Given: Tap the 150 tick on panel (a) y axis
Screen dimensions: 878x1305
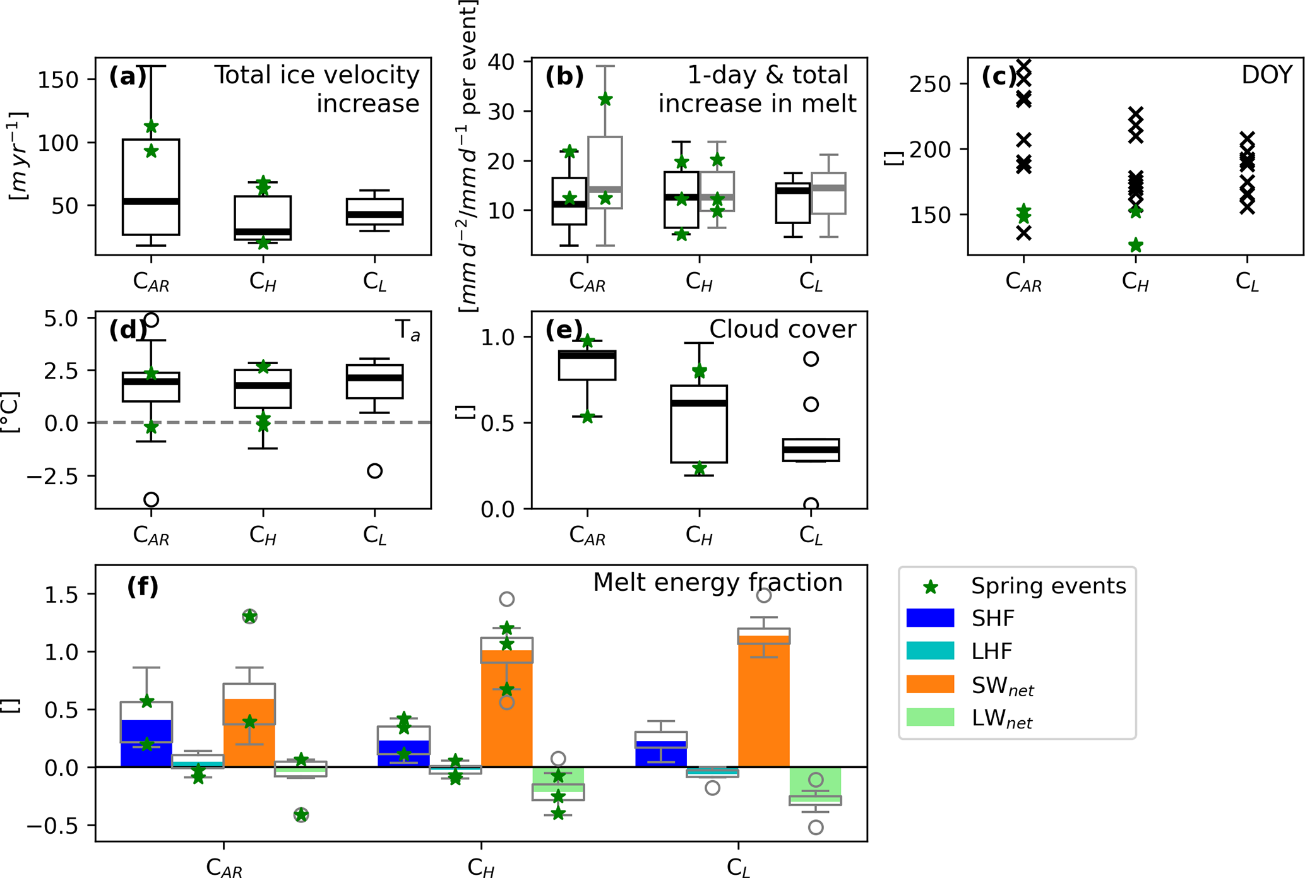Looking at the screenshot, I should point(58,80).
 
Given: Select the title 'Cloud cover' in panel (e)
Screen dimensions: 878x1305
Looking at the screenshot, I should point(782,329).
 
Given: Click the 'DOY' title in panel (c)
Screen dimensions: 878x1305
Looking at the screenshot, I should point(1266,75).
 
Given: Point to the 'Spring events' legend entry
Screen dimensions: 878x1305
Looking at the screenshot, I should point(1048,586).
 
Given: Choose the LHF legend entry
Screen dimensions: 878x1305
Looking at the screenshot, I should point(992,651).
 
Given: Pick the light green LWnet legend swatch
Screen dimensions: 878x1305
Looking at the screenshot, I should point(930,718).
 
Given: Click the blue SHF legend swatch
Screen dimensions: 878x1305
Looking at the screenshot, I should point(930,617).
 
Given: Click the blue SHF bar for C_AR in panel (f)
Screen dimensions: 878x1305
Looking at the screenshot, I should point(146,745).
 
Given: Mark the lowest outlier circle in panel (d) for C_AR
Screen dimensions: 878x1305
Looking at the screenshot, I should point(151,500).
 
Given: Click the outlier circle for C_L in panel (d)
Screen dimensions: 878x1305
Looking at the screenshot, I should point(374,471).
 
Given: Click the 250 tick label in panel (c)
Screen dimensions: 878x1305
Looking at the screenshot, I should point(930,84).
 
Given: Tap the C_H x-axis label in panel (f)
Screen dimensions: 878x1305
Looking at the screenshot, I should point(481,868).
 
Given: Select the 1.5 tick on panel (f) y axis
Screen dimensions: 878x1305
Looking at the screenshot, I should point(61,595).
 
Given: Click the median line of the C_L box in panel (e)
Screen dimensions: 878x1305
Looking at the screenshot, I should point(811,449).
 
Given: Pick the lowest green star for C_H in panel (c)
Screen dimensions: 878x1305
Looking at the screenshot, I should point(1135,245).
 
